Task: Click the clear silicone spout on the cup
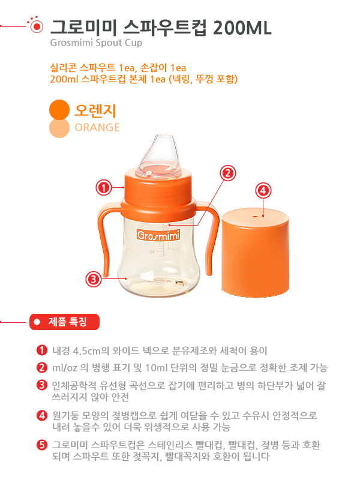tap(158, 155)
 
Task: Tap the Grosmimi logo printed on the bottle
tap(158, 235)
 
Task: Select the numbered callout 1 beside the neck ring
tap(104, 188)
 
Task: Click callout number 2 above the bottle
tap(228, 173)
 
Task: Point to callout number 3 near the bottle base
tap(94, 279)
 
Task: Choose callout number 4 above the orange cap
tap(263, 191)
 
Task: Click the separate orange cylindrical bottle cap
tap(255, 252)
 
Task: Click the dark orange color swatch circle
tap(59, 110)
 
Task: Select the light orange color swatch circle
tap(59, 128)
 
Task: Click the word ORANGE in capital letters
tap(97, 127)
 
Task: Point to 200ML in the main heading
tap(242, 28)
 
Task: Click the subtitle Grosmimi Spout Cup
tap(96, 43)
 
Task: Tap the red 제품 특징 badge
tap(65, 322)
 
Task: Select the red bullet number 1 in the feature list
tap(41, 350)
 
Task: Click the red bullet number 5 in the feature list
tap(41, 445)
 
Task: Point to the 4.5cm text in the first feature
tap(87, 351)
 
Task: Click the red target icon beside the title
tap(37, 26)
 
